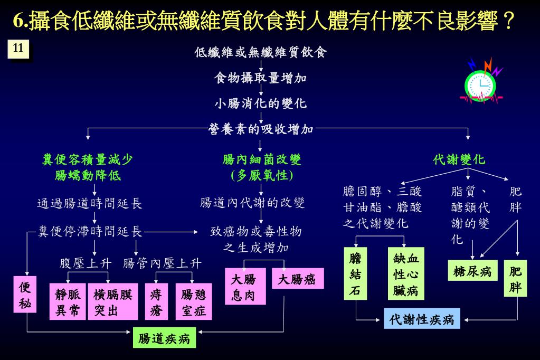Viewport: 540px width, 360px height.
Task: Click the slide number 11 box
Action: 18,49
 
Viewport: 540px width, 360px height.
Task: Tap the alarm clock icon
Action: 481,83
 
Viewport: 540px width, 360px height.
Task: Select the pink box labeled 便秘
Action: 25,295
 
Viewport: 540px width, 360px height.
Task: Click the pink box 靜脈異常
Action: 68,302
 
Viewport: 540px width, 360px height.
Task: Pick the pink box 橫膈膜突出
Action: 113,302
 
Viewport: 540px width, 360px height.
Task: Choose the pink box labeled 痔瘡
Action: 156,302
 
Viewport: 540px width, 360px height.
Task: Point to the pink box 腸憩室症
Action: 194,302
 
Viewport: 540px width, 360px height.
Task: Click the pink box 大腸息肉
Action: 244,287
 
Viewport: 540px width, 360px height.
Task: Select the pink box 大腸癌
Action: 297,279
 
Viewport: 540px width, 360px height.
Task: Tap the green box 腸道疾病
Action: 164,338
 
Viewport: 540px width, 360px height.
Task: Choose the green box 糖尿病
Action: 472,271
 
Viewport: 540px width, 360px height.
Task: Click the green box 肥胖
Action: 515,279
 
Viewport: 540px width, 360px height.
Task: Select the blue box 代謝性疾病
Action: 422,319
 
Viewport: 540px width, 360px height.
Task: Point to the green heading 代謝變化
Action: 459,159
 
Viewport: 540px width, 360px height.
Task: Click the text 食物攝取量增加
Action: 260,78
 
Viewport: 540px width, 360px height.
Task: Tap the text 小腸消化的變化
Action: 260,103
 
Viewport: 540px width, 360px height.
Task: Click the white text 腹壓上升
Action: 86,263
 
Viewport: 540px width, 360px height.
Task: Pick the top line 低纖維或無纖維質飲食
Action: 261,52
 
